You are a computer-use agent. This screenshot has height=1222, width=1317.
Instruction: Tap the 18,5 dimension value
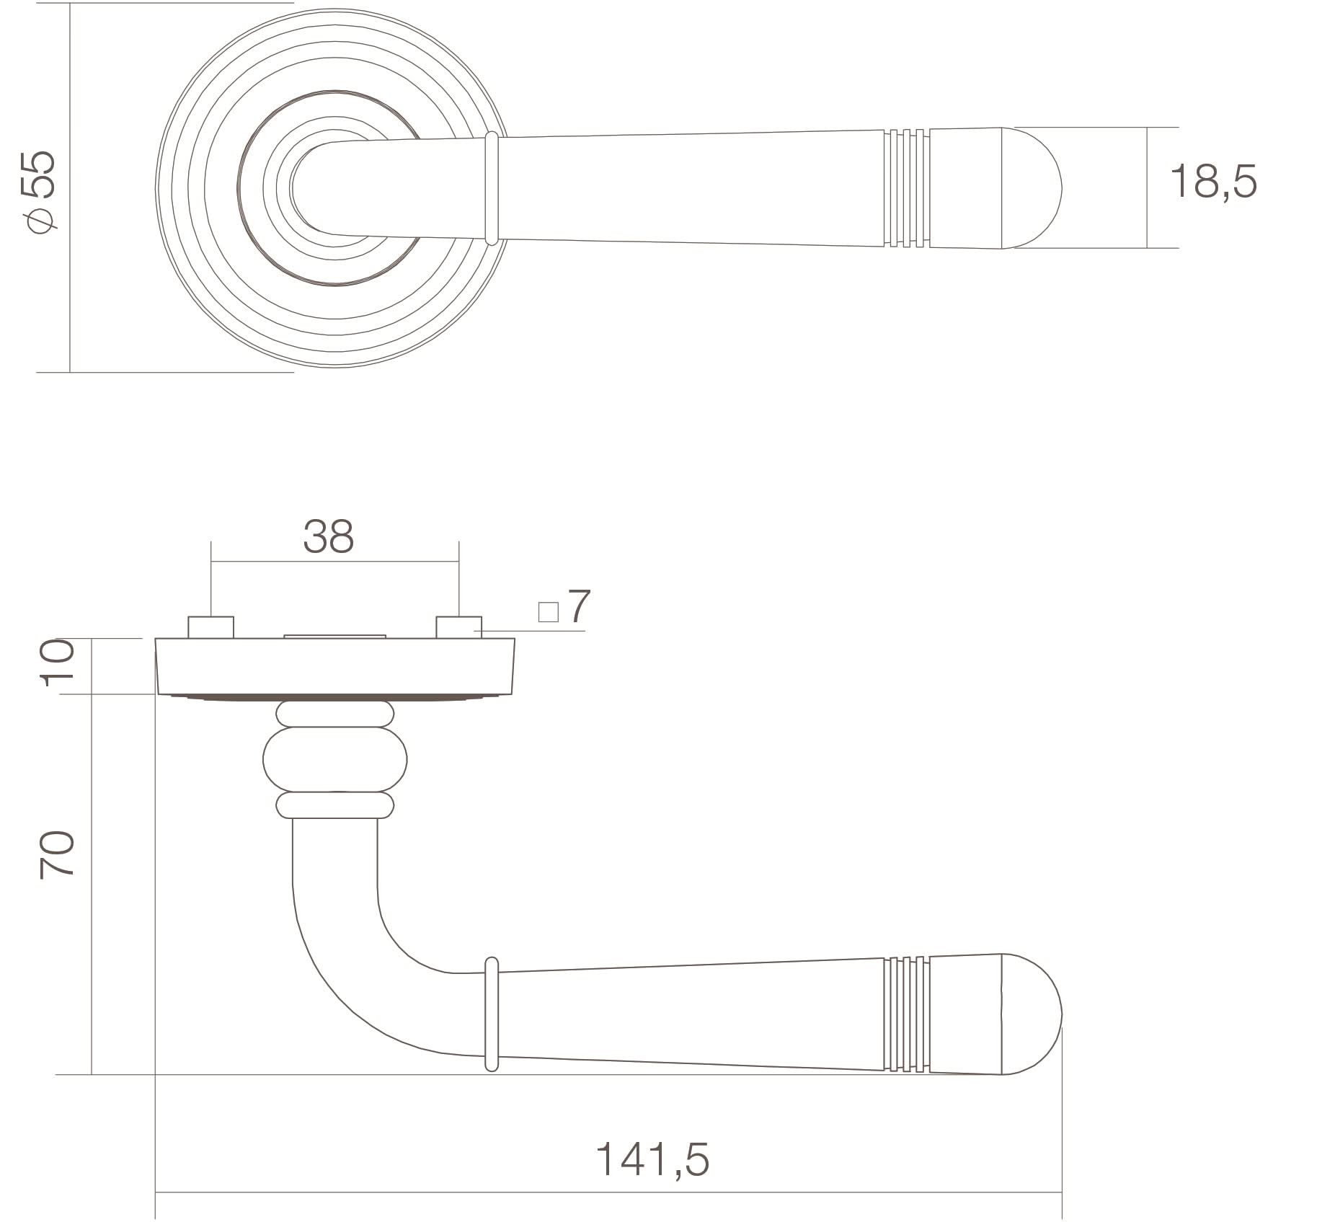point(1213,181)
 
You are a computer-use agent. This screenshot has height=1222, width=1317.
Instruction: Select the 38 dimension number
point(328,536)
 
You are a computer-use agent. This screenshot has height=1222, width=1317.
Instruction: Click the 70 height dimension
point(57,854)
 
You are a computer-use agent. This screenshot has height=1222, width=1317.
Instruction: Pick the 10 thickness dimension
point(57,662)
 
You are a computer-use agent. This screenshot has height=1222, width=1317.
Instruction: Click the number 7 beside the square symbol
point(579,606)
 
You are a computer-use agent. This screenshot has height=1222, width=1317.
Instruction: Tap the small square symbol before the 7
point(549,612)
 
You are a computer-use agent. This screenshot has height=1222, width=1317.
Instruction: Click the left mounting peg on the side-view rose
point(210,627)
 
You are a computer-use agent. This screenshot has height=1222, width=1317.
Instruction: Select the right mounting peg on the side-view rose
point(458,627)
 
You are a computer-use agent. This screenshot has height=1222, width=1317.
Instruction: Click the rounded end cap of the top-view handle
point(1031,188)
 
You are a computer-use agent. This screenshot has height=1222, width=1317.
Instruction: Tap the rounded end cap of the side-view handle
point(1031,1014)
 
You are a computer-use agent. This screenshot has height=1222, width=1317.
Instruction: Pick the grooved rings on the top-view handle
point(906,188)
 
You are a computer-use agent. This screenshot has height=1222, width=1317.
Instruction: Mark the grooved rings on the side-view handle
point(906,1014)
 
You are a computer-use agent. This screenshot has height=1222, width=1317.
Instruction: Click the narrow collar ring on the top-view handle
point(492,188)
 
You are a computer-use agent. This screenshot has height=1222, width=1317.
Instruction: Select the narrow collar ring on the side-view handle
point(492,1014)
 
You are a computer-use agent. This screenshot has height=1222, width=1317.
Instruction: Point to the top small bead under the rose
point(335,714)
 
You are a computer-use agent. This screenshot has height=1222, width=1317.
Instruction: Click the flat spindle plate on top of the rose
point(335,637)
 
